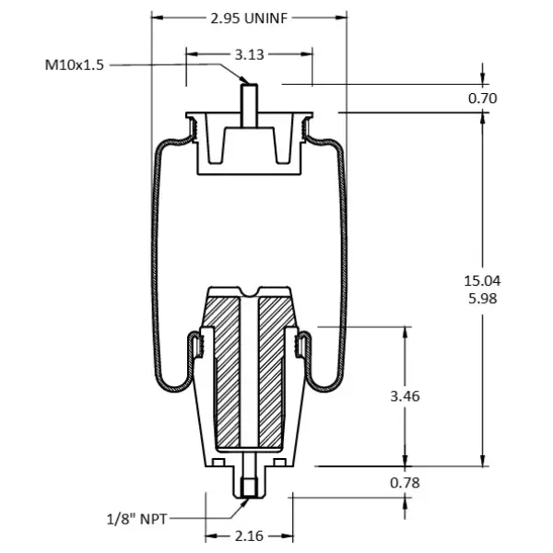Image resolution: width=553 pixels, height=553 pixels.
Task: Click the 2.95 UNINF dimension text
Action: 249,18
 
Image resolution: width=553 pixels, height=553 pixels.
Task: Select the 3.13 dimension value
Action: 249,54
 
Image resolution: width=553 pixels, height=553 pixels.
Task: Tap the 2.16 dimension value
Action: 249,535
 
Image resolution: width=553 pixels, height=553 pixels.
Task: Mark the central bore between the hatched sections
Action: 249,378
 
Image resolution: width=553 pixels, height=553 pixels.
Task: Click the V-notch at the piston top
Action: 249,295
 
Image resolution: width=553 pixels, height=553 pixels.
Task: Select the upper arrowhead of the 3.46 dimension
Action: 404,331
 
